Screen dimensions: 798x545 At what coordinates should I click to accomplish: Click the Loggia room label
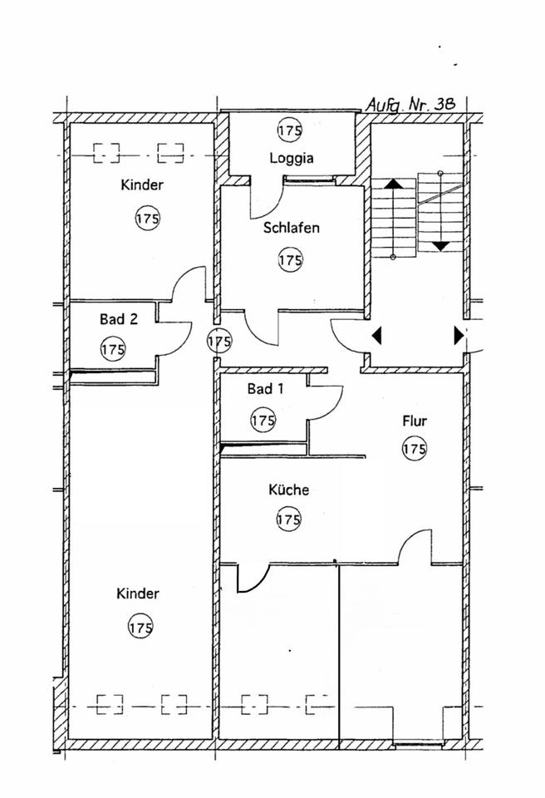point(291,158)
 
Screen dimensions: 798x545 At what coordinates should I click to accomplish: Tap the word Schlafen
point(292,227)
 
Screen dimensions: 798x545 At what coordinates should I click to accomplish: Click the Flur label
point(414,421)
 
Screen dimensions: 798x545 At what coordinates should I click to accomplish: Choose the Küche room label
point(288,490)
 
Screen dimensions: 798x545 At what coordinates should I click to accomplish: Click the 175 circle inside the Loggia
point(290,131)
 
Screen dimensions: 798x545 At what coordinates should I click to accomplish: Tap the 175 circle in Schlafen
point(290,260)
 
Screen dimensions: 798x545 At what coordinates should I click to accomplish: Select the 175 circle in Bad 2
point(112,348)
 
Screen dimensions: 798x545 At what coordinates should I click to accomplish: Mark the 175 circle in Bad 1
point(263,421)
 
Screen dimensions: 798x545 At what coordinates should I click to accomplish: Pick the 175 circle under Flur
point(414,449)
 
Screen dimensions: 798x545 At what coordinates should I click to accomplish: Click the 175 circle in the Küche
point(288,520)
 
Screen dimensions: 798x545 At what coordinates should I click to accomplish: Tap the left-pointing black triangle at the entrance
point(377,336)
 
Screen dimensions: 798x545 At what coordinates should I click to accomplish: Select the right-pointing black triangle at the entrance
point(458,336)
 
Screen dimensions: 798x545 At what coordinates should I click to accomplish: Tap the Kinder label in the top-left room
point(141,185)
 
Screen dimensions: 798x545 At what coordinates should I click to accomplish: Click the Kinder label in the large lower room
point(138,594)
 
